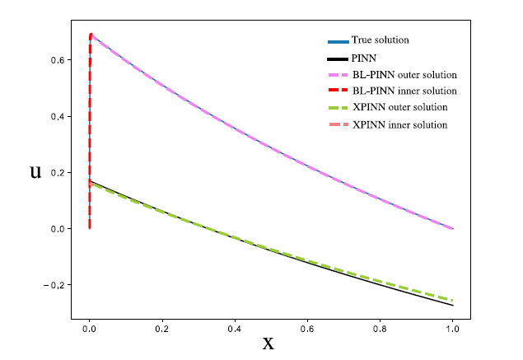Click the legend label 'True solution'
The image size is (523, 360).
click(380, 40)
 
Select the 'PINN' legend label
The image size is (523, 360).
click(363, 58)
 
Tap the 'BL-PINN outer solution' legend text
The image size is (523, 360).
click(404, 75)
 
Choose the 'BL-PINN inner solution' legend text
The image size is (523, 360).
click(404, 91)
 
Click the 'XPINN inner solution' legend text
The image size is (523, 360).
click(399, 124)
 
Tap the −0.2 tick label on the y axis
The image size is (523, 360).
click(53, 285)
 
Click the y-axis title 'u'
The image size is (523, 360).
click(35, 172)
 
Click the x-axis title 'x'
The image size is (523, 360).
click(268, 343)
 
